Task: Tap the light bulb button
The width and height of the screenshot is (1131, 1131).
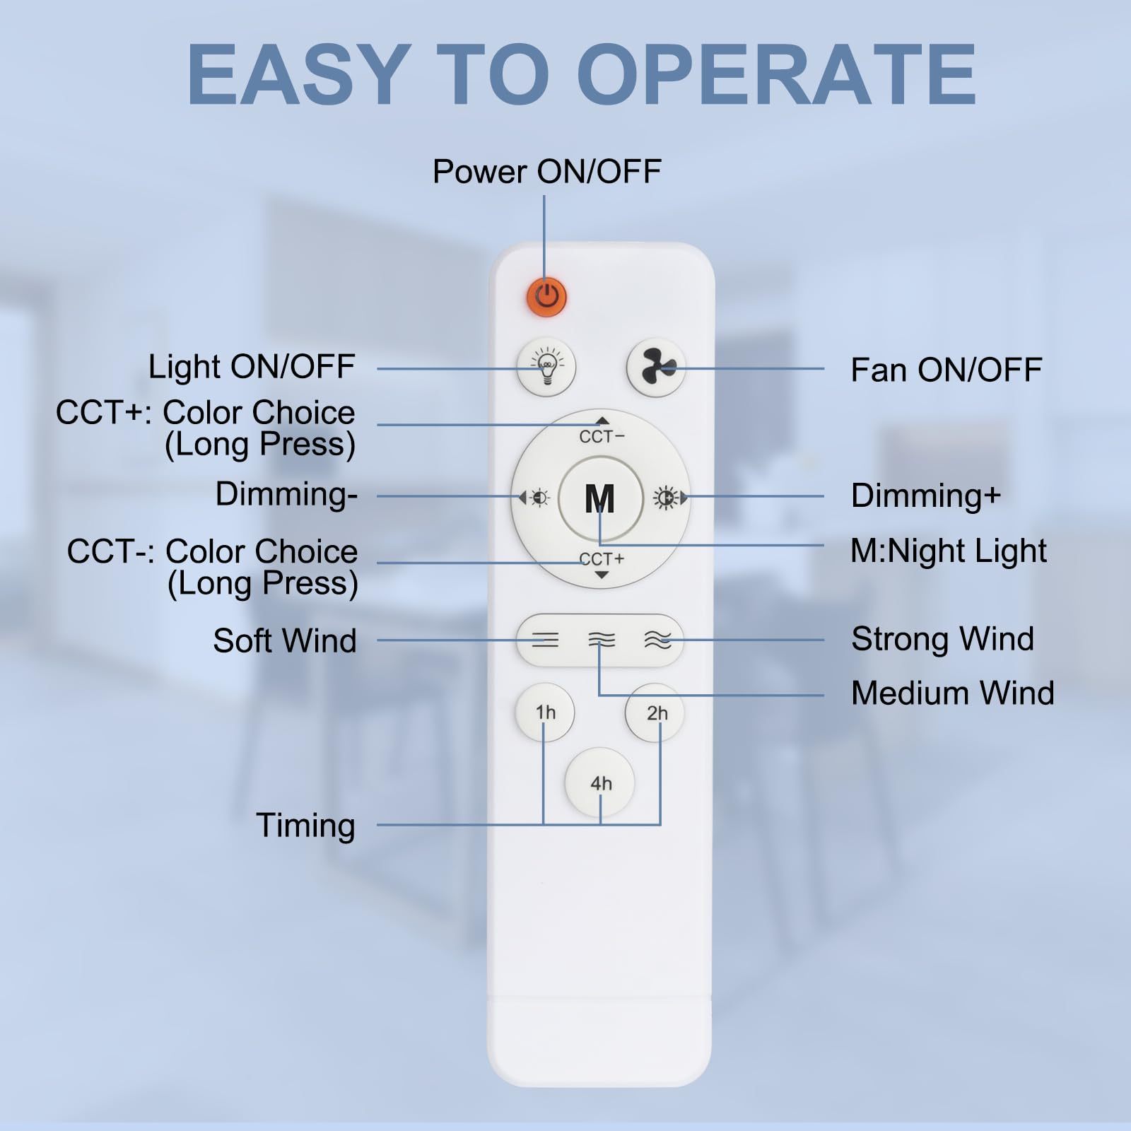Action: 546,367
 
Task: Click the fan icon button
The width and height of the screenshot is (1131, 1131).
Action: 656,367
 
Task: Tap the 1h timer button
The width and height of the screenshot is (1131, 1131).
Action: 545,713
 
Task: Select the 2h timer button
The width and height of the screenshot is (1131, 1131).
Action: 656,713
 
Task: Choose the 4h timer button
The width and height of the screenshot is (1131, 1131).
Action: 600,783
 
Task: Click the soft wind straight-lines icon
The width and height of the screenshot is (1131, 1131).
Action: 545,640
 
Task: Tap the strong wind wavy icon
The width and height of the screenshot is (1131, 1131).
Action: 657,640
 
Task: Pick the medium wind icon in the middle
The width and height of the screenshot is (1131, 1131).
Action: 602,640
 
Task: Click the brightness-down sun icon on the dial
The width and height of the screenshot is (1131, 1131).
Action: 539,498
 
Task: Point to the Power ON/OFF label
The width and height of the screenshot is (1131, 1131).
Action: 546,172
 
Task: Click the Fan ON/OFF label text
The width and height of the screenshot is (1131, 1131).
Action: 947,370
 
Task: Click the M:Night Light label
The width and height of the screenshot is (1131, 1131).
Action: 949,551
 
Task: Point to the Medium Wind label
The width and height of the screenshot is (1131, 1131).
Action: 953,693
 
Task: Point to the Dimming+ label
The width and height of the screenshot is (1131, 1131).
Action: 926,496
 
